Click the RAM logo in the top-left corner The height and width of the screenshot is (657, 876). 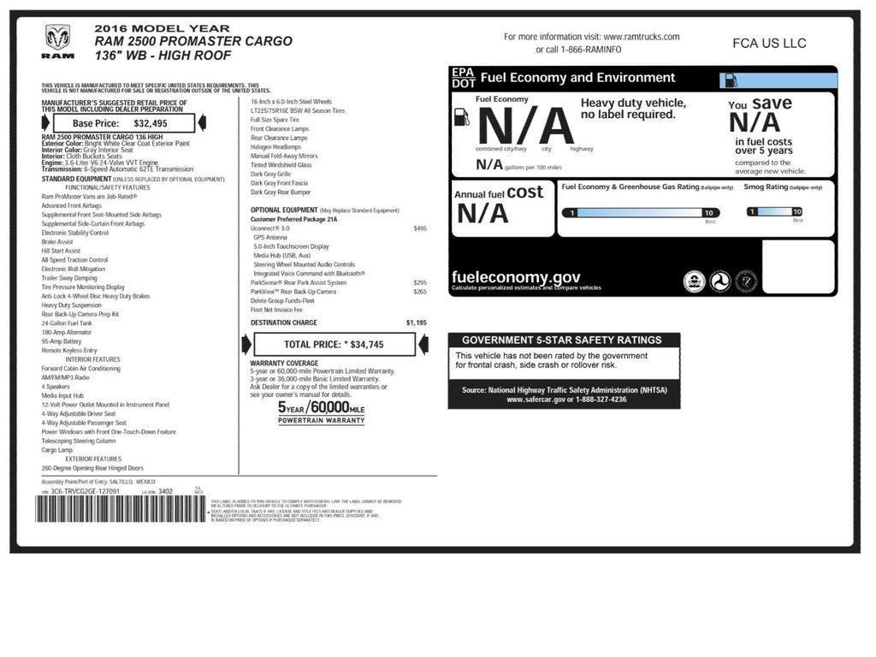coord(58,42)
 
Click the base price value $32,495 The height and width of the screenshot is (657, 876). coord(151,123)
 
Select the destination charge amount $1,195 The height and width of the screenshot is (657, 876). coord(416,323)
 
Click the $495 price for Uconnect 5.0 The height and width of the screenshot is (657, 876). coord(419,228)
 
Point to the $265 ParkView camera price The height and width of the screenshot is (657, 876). coord(419,292)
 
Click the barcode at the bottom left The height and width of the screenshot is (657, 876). coord(121,511)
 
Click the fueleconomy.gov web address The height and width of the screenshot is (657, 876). coord(516,277)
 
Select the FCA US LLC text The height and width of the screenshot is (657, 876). coord(769,44)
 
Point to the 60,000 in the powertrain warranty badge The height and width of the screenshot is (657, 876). coord(329,407)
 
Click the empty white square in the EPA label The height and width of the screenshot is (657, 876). coord(797,267)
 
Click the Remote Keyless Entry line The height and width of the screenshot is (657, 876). coord(69,350)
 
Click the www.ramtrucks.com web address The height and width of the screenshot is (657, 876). coord(641,37)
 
